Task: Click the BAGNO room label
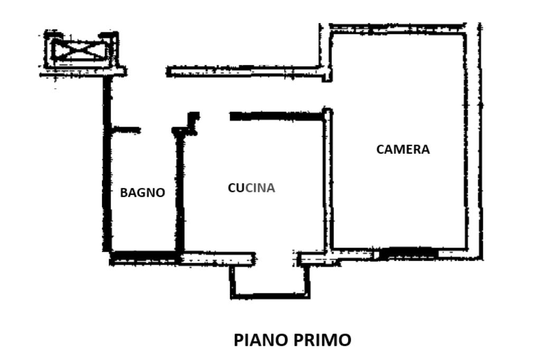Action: [143, 193]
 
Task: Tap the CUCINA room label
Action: [251, 188]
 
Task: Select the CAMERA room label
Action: [403, 149]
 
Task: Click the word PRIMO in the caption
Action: [322, 340]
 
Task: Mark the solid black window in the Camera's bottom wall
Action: [408, 253]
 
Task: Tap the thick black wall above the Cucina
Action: [277, 116]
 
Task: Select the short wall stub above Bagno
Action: [126, 130]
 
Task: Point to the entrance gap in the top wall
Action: [147, 71]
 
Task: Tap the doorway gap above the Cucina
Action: [214, 117]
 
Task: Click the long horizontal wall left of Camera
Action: [246, 72]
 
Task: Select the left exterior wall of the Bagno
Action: [107, 164]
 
